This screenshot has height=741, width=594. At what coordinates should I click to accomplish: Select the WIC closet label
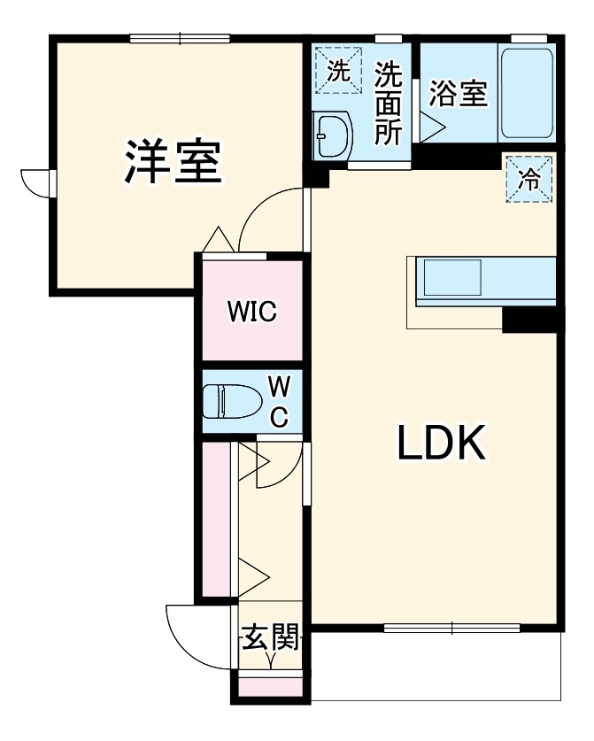251,312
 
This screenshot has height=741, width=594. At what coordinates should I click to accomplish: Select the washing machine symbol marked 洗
337,72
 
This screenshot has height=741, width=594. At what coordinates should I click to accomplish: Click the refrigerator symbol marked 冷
529,180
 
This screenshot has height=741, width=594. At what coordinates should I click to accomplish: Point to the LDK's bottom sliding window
451,629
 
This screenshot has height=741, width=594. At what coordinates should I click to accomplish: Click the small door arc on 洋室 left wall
35,182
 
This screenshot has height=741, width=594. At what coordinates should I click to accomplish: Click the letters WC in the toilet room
278,401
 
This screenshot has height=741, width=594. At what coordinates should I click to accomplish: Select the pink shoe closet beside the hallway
213,518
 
